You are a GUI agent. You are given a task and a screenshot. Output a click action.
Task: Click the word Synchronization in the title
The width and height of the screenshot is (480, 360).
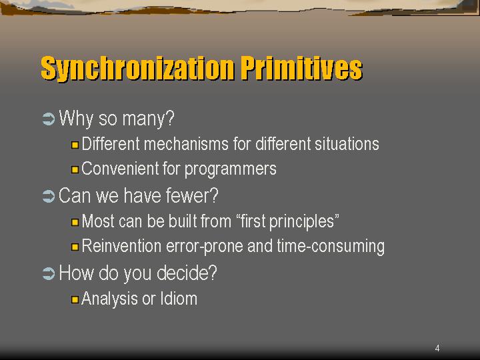click(137, 69)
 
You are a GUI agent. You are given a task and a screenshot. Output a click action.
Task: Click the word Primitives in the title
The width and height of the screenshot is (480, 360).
click(301, 68)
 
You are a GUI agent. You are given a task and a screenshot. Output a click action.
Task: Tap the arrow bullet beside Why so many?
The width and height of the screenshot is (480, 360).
click(49, 119)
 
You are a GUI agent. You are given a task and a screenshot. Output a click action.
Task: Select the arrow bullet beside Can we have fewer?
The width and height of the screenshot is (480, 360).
click(49, 196)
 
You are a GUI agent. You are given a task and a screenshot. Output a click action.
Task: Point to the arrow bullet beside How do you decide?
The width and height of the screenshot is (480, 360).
click(49, 273)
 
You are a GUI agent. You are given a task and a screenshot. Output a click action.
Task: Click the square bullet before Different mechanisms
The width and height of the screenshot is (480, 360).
click(75, 145)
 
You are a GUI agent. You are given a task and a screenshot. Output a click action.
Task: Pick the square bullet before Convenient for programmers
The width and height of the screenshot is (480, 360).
click(75, 169)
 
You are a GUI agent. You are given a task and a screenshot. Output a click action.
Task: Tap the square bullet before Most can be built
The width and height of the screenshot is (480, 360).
click(75, 222)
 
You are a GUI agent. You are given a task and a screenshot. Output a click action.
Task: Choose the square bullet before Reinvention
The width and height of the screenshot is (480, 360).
click(75, 247)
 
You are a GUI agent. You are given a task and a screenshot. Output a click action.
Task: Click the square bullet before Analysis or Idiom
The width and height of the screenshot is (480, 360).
click(75, 299)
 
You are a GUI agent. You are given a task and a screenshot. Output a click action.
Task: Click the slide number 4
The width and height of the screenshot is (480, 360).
click(437, 348)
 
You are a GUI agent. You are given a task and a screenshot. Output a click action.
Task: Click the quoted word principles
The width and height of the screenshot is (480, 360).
click(304, 221)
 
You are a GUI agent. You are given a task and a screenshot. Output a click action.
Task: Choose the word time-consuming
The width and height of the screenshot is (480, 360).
click(331, 247)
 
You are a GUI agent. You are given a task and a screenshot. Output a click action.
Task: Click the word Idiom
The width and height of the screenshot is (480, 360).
click(179, 299)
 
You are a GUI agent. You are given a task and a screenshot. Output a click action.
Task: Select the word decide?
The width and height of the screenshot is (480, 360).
click(187, 273)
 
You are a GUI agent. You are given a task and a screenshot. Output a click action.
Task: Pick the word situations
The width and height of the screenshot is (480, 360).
click(347, 144)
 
